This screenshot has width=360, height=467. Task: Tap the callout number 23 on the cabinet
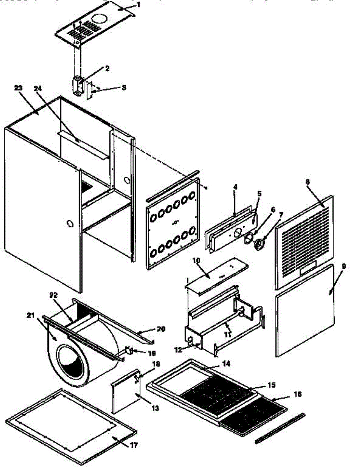[x=18, y=88]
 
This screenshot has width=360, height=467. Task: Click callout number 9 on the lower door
[x=344, y=266]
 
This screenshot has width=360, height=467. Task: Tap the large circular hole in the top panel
[x=100, y=18]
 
